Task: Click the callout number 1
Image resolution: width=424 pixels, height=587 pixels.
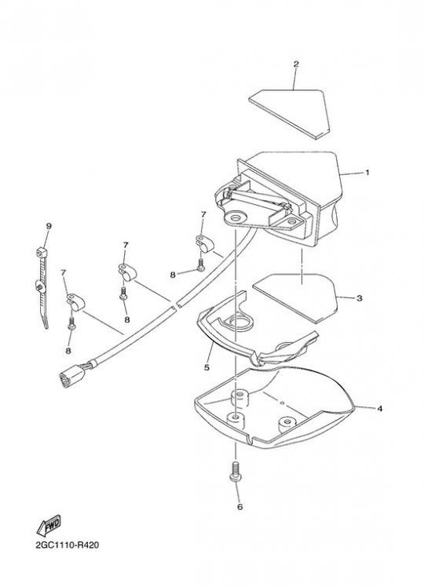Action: pyautogui.click(x=367, y=173)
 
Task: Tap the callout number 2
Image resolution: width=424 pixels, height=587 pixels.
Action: pyautogui.click(x=296, y=64)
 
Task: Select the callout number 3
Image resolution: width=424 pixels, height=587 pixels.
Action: pyautogui.click(x=359, y=298)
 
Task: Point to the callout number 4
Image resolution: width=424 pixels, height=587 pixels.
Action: pyautogui.click(x=379, y=409)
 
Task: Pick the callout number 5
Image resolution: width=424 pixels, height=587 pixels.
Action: pyautogui.click(x=207, y=367)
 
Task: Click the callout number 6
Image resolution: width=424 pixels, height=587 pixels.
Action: pyautogui.click(x=239, y=507)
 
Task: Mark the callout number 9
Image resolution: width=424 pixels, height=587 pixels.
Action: pyautogui.click(x=49, y=226)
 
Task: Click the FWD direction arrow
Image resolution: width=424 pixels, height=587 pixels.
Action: pyautogui.click(x=49, y=526)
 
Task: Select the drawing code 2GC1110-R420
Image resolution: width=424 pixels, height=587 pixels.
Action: pyautogui.click(x=68, y=545)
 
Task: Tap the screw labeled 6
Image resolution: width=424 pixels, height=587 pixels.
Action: pyautogui.click(x=235, y=472)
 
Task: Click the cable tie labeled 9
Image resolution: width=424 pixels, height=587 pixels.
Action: pyautogui.click(x=42, y=287)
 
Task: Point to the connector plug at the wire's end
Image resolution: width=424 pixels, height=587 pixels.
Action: pyautogui.click(x=72, y=375)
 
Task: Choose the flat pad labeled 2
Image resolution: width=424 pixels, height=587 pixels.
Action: pyautogui.click(x=290, y=114)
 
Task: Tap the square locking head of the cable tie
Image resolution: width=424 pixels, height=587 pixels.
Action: pyautogui.click(x=42, y=253)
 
